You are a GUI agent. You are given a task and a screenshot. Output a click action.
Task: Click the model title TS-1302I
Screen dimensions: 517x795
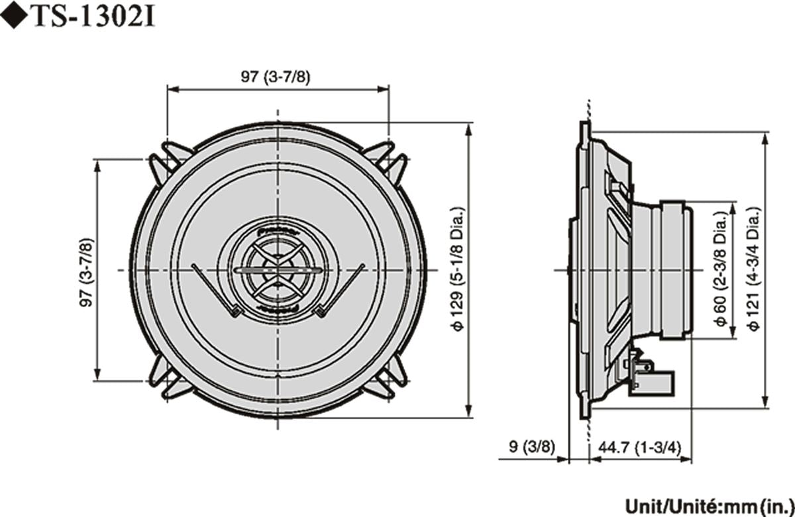point(93,17)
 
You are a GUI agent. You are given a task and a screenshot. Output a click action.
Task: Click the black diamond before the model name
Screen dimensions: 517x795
point(14,17)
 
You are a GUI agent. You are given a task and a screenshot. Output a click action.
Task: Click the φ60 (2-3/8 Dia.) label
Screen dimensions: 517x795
point(721,272)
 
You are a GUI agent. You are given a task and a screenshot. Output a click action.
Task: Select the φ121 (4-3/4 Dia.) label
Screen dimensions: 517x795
point(753,271)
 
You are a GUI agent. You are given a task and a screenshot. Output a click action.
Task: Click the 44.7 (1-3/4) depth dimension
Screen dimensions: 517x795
point(639,446)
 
